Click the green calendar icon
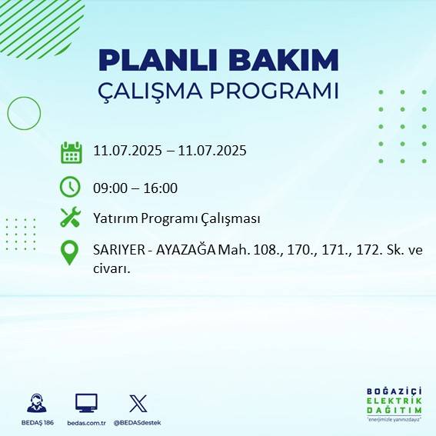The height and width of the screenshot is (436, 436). coord(71,152)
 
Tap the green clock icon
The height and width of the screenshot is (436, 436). coord(70,187)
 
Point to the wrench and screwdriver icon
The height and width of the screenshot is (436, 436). coord(70,218)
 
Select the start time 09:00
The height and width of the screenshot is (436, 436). coord(109,188)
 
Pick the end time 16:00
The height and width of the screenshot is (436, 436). coord(159,188)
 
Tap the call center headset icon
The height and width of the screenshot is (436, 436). coord(35,404)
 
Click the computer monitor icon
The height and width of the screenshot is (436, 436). coord(86,404)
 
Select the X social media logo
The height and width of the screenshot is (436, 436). coord(138,404)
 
